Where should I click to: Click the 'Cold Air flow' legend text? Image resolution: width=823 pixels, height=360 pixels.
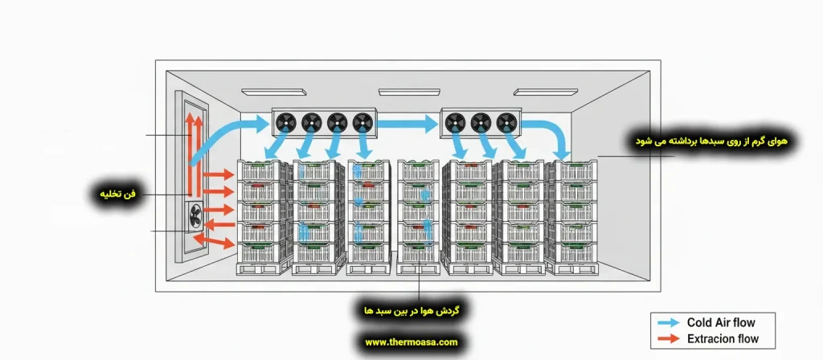click(721, 322)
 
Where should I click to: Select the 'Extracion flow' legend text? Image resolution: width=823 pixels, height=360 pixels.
click(723, 338)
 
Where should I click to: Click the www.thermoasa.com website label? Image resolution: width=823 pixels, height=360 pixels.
click(411, 342)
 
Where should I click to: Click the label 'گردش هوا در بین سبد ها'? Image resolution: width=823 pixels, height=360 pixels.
click(411, 309)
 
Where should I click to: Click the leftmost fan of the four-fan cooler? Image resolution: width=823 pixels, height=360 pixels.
click(285, 121)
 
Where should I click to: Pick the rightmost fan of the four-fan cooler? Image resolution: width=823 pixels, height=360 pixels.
click(362, 121)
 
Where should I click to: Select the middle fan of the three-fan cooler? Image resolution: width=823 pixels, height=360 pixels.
click(480, 121)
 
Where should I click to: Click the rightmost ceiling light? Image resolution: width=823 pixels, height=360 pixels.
click(546, 92)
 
